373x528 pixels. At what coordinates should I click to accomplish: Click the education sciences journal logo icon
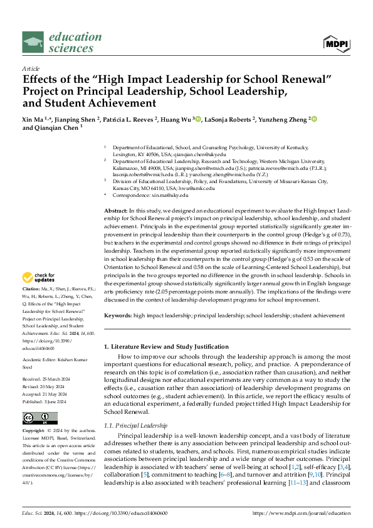point(34,43)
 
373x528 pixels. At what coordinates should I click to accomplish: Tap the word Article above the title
point(31,68)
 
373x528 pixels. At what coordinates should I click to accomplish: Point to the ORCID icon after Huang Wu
point(197,117)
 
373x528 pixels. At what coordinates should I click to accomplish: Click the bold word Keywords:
point(118,315)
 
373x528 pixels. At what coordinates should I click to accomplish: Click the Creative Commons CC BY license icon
point(40,418)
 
